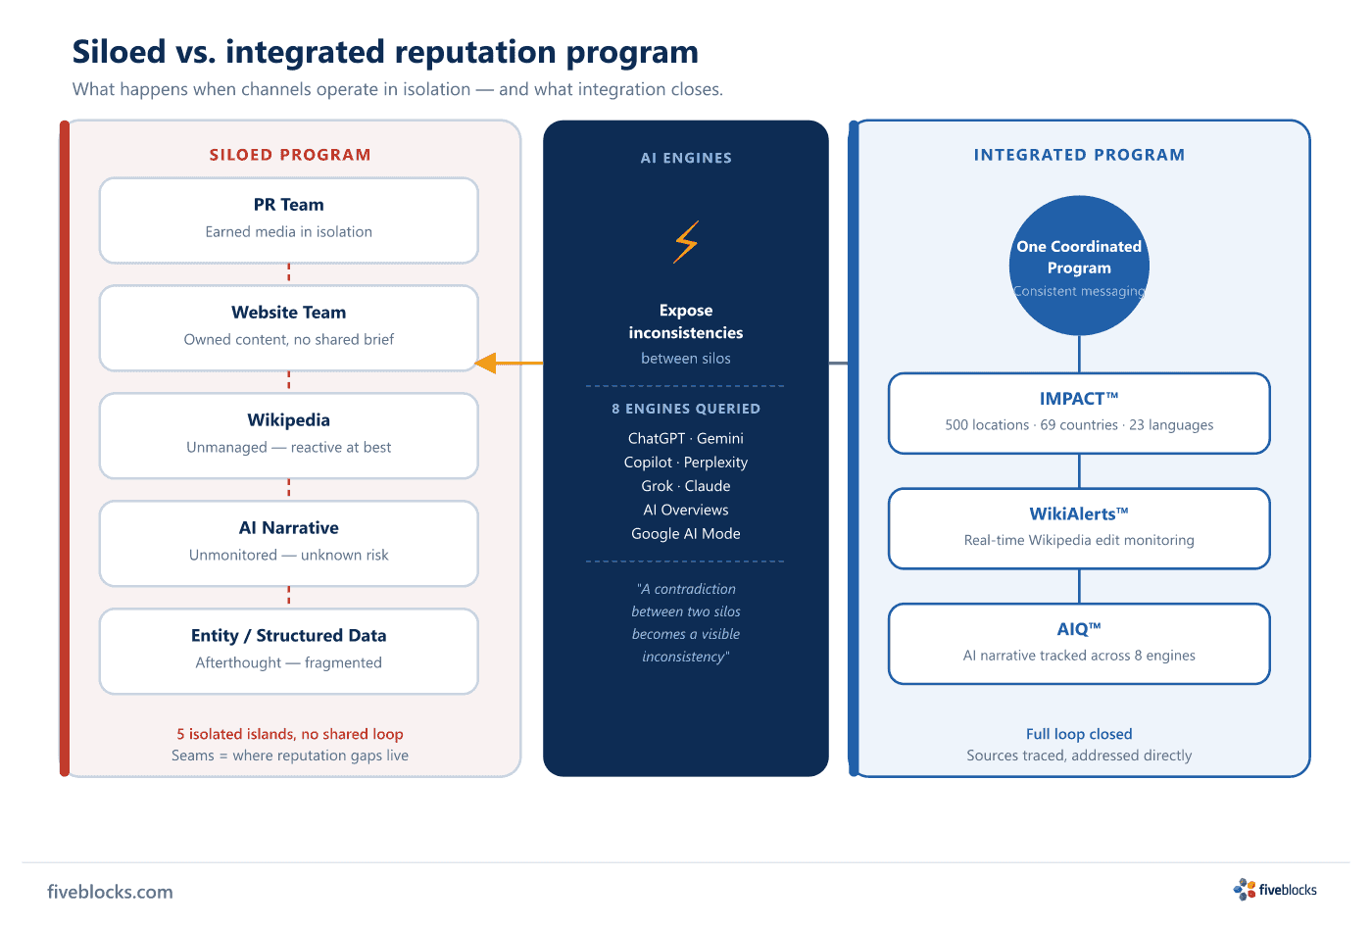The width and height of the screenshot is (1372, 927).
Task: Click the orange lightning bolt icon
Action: (686, 242)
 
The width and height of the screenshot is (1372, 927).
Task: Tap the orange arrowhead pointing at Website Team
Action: (485, 364)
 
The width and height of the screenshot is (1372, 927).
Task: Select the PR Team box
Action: (288, 220)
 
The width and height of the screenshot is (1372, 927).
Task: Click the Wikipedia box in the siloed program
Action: (288, 436)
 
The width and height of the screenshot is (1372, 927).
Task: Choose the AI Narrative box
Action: (288, 544)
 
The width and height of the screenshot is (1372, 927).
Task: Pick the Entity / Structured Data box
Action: (288, 652)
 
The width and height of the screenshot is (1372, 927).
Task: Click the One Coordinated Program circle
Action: (1079, 266)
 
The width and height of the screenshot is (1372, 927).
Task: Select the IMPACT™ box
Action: (1079, 414)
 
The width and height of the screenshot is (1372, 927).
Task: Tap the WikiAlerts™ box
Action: (1079, 528)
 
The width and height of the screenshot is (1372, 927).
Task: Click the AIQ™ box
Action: (1079, 644)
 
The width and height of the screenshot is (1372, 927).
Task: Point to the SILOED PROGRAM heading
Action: (290, 155)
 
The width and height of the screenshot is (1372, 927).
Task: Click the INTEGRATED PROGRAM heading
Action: (1079, 155)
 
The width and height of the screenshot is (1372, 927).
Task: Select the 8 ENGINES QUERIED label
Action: (686, 409)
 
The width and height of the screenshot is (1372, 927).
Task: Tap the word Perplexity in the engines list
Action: (715, 463)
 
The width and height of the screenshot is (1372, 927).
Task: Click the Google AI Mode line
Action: (686, 533)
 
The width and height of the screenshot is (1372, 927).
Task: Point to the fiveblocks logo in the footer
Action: (1275, 890)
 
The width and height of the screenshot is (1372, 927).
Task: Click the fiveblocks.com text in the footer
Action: (110, 892)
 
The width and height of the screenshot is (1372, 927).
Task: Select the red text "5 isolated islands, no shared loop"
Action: (290, 734)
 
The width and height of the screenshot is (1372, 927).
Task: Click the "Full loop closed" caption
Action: (1079, 734)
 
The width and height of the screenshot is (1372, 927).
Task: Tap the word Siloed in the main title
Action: (119, 51)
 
